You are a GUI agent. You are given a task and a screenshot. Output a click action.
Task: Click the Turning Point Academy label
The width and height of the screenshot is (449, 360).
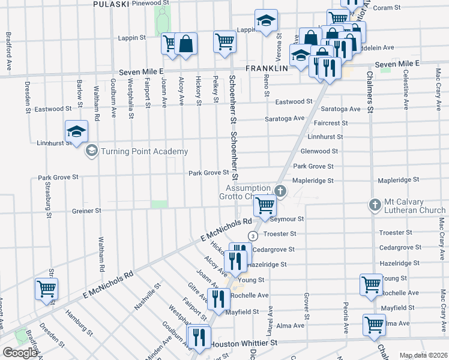[x=144, y=151]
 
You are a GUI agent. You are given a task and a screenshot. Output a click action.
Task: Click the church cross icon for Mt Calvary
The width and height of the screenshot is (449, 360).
[x=374, y=205]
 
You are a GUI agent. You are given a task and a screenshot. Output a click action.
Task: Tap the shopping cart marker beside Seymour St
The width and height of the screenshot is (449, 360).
[x=265, y=206]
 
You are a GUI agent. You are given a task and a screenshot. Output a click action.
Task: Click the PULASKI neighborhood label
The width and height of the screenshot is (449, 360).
[x=112, y=4]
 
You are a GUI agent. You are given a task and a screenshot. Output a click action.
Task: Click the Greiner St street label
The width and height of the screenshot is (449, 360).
[x=87, y=211]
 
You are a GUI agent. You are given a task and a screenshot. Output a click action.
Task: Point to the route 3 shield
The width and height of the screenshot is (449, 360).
[x=253, y=236]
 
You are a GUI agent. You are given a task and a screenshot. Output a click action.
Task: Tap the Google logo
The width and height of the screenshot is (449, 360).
[x=20, y=353]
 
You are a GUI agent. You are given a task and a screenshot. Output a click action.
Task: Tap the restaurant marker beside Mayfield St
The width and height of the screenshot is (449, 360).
[x=217, y=298]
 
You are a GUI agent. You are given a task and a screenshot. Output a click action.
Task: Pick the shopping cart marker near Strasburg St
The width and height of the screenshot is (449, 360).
[x=46, y=289]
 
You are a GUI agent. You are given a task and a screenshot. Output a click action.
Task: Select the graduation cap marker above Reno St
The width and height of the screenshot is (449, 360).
[x=265, y=21]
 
